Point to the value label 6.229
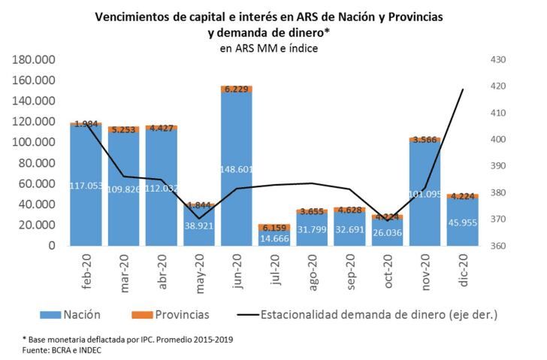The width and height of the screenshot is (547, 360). coord(236,89)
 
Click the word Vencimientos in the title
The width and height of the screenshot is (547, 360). coord(138,17)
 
